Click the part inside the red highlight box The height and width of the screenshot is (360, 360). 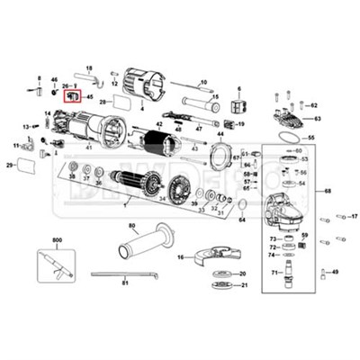[x=74, y=94]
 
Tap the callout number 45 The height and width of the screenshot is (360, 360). [x=89, y=95]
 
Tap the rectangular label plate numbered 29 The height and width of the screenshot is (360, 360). [x=27, y=166]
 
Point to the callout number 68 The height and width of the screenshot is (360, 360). [x=328, y=191]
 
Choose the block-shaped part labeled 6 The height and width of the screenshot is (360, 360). [x=239, y=106]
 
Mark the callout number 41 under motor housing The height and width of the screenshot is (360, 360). [x=89, y=147]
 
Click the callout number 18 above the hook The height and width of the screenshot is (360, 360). [x=89, y=68]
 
